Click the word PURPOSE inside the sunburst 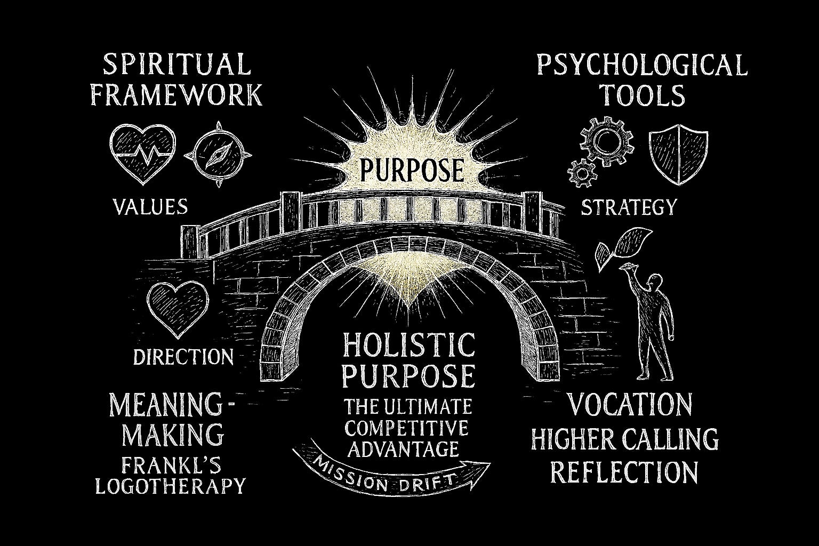click(x=411, y=170)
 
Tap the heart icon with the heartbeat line click(x=142, y=152)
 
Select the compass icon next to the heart click(x=218, y=154)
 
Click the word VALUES click(x=150, y=206)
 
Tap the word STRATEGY click(x=629, y=207)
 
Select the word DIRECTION click(x=183, y=357)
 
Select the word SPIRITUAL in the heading click(x=176, y=65)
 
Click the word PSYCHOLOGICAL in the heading click(x=641, y=66)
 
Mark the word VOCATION click(x=629, y=405)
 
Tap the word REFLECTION click(x=624, y=472)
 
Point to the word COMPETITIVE click(x=407, y=428)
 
